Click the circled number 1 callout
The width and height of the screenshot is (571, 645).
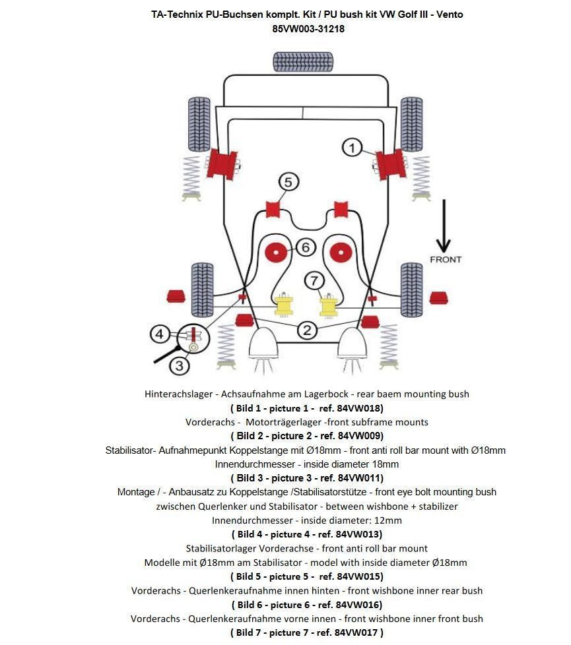coord(352,147)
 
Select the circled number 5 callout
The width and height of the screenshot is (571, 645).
coord(288,181)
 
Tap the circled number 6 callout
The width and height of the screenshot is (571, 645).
coord(305,247)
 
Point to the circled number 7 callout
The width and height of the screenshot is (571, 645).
coord(314,280)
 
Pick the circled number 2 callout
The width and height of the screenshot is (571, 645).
coord(306,330)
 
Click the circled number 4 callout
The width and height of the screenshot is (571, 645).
coord(159,334)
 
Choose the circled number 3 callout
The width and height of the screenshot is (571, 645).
coord(180,365)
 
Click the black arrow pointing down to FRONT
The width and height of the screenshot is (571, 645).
coord(445,224)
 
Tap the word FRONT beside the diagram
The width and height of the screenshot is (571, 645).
coord(446,259)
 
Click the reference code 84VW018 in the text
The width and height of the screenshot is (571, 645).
coord(358,408)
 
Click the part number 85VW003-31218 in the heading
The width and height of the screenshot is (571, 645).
coord(308,29)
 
